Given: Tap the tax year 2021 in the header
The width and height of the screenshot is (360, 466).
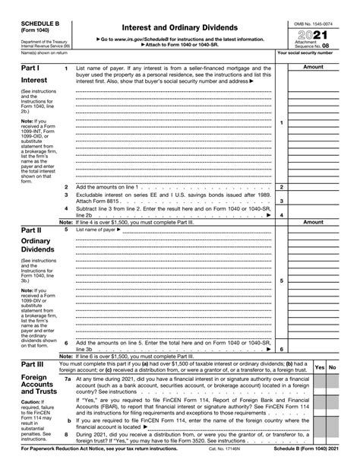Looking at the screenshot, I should click(x=316, y=35).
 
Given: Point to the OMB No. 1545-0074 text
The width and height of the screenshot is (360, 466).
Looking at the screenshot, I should click(x=315, y=24).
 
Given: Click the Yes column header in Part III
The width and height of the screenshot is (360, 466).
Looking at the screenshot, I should click(x=320, y=367).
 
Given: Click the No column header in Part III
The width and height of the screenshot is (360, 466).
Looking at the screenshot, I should click(x=333, y=367).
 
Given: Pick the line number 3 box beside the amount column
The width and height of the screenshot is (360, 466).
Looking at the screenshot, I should click(x=282, y=201).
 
